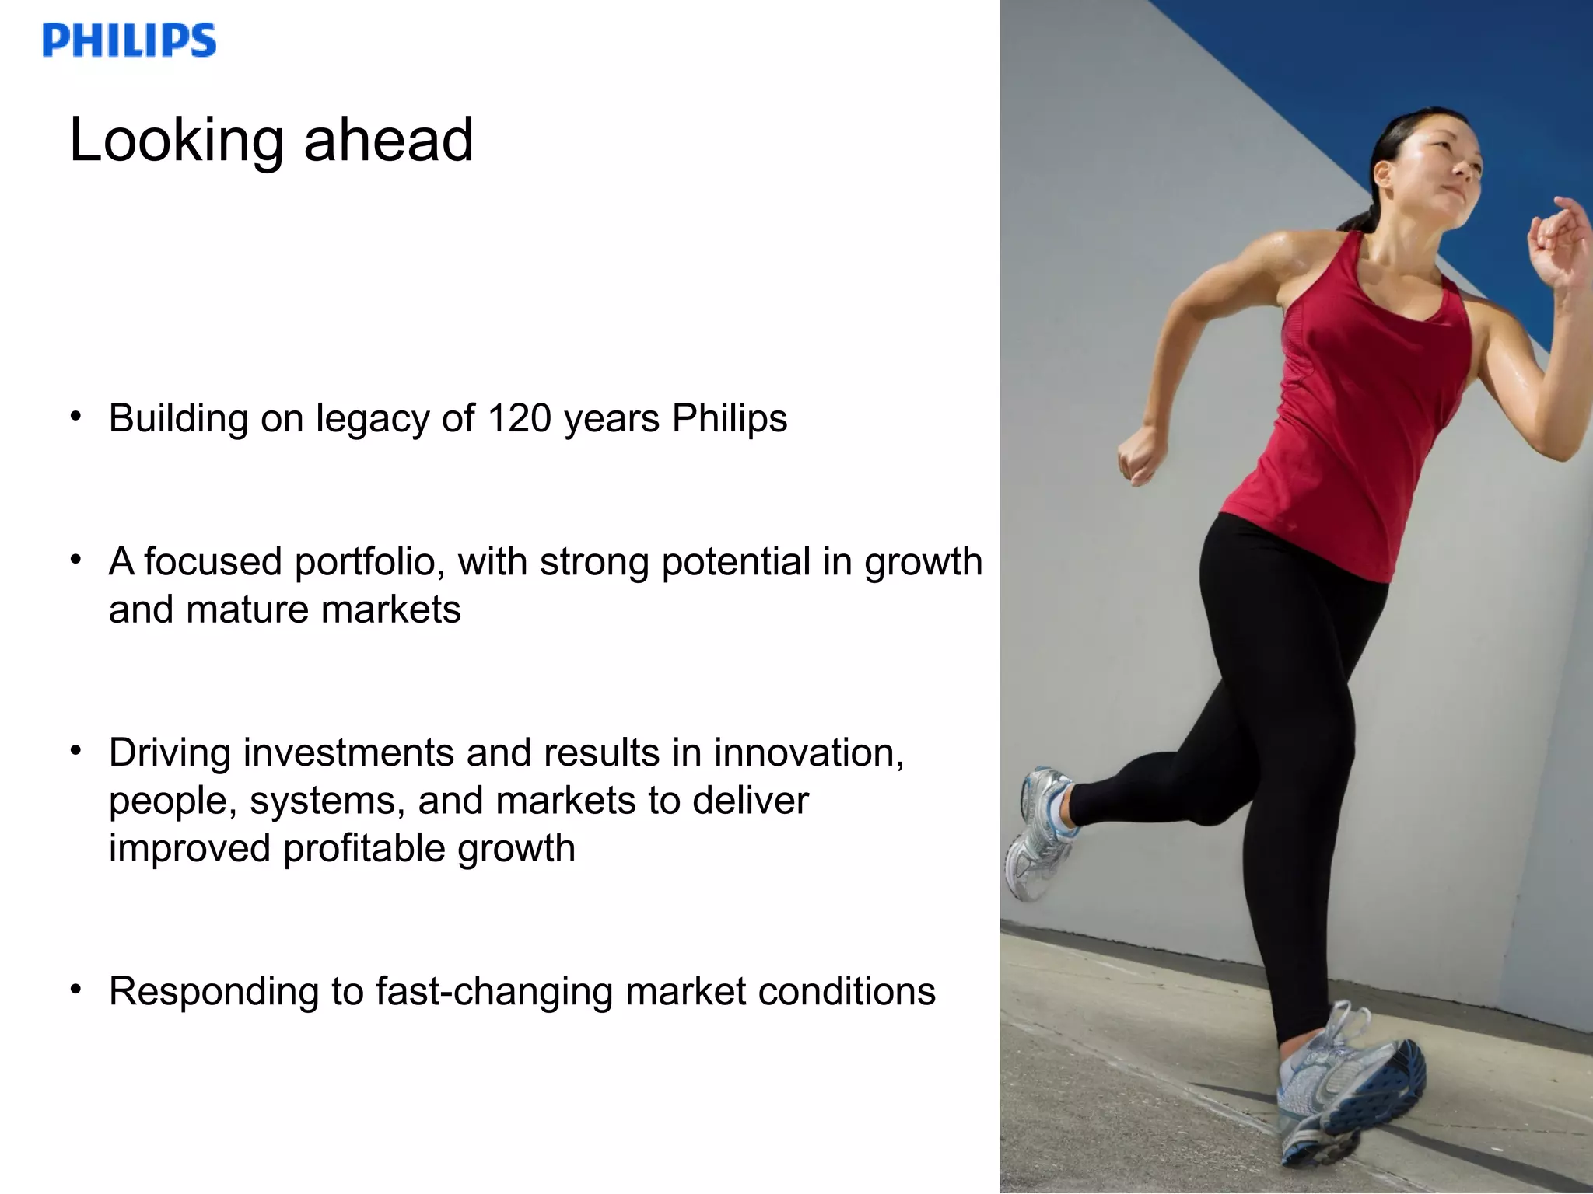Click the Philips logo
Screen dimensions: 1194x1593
(129, 40)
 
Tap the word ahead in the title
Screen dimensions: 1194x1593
(388, 141)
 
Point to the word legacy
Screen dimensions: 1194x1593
(373, 420)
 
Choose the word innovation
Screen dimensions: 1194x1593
(809, 753)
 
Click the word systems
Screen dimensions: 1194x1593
(327, 801)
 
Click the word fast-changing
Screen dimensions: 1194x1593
(494, 993)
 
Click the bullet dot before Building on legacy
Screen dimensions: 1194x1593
(75, 417)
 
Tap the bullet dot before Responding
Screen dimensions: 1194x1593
(75, 990)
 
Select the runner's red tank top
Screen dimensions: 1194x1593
(1361, 404)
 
